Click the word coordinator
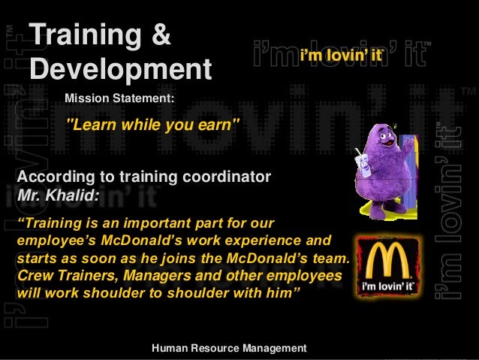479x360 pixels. (223, 177)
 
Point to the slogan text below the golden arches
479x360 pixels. (385, 288)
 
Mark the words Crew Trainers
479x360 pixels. (57, 277)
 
